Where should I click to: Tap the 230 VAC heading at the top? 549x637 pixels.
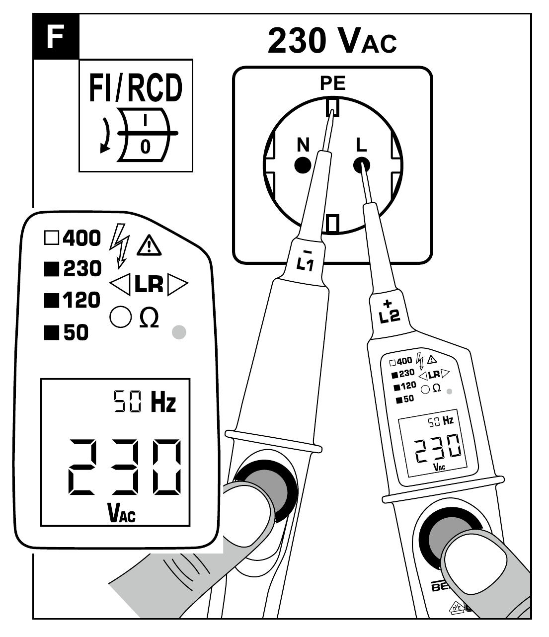(x=332, y=41)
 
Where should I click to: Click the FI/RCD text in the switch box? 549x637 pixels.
(x=136, y=88)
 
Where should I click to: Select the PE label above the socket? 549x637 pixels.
(x=332, y=83)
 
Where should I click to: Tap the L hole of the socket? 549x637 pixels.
(x=361, y=164)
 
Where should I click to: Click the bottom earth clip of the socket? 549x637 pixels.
(x=332, y=223)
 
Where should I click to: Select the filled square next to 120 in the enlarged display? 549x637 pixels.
(x=51, y=301)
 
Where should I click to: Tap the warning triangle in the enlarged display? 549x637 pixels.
(x=149, y=245)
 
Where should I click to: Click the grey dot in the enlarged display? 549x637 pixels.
(x=178, y=332)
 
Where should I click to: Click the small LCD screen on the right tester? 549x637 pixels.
(x=431, y=445)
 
